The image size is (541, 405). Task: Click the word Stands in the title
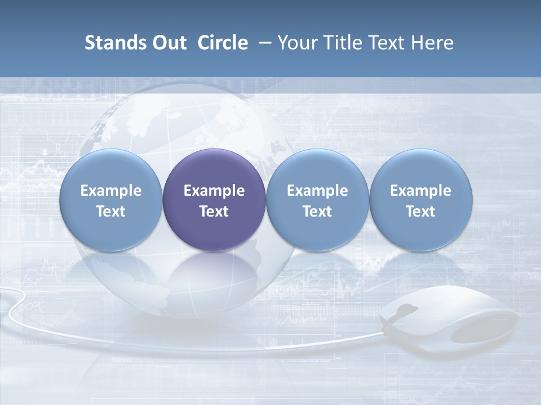pos(110,43)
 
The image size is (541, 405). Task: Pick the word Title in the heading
pos(340,43)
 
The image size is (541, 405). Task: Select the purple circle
pos(214,200)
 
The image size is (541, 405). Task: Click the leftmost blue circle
pos(111,200)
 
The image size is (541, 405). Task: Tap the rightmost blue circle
pos(420,200)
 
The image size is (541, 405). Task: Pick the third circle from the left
pos(317,200)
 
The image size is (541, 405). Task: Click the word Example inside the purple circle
pos(214,191)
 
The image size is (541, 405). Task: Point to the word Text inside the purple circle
pos(214,211)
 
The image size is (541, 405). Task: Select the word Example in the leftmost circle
pos(111,191)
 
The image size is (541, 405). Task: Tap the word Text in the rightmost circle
pos(420,211)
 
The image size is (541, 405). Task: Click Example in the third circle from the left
pos(317,191)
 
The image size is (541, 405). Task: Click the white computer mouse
pos(451,321)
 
